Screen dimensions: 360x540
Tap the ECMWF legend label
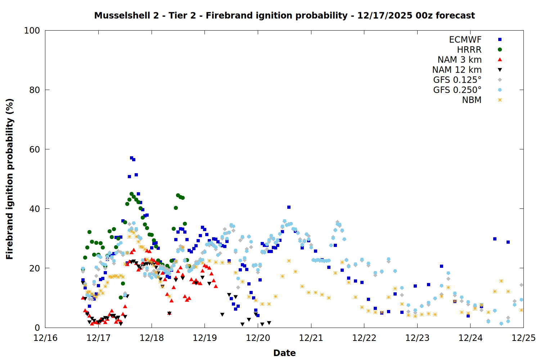[x=465, y=40]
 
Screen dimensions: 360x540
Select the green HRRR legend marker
[x=500, y=50]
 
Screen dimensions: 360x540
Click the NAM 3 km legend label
[x=459, y=60]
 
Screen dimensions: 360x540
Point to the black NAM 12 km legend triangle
[x=500, y=70]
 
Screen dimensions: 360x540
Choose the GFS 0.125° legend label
[x=457, y=80]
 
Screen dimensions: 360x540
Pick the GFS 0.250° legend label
[x=457, y=90]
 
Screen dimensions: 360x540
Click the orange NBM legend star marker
[x=500, y=100]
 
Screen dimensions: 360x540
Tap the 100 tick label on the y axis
[x=32, y=31]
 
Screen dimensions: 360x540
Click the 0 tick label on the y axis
[x=37, y=328]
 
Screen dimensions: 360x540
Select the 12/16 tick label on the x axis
[x=45, y=338]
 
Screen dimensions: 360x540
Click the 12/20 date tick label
[x=258, y=338]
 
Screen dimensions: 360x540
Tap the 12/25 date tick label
[x=523, y=338]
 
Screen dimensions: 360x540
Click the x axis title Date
[x=284, y=353]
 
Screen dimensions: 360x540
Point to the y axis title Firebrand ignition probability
[x=10, y=179]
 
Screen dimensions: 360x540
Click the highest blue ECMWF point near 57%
[x=131, y=158]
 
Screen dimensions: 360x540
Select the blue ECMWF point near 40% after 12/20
[x=289, y=207]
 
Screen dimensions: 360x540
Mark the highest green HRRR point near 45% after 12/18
[x=178, y=195]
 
